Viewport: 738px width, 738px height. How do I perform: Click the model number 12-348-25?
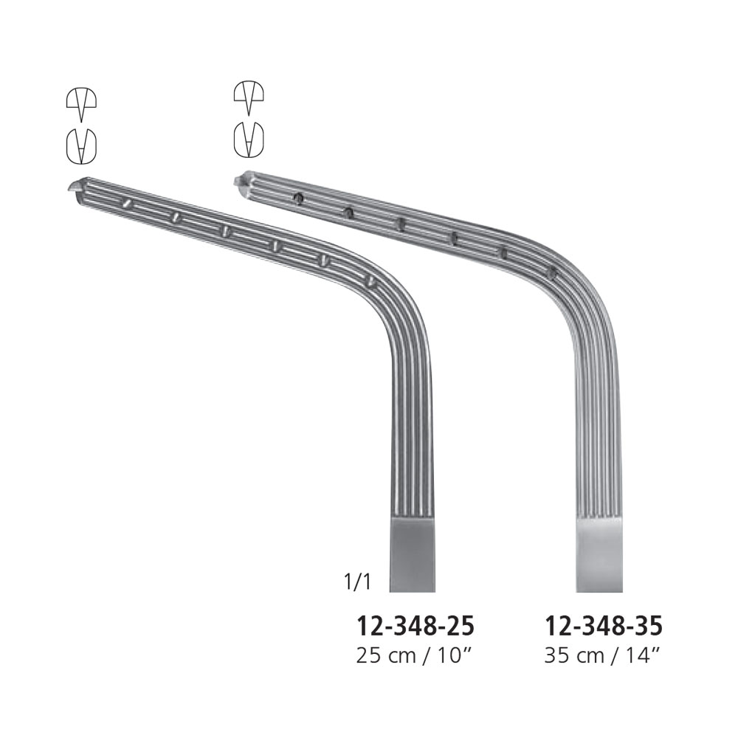415,626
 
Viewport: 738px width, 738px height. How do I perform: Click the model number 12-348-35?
604,626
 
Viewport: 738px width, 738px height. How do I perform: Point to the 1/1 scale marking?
357,582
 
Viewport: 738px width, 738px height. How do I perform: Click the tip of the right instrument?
236,180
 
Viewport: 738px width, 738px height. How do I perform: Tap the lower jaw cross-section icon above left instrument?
81,146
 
